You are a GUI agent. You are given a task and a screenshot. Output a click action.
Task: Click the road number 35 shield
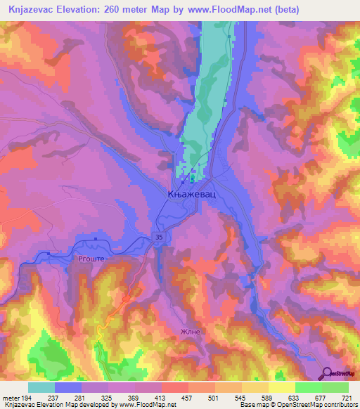(159, 238)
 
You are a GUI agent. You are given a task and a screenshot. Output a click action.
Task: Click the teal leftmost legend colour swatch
(41, 387)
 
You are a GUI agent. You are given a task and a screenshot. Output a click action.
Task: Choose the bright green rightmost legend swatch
(335, 387)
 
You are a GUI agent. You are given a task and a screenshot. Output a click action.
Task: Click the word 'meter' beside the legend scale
(11, 398)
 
